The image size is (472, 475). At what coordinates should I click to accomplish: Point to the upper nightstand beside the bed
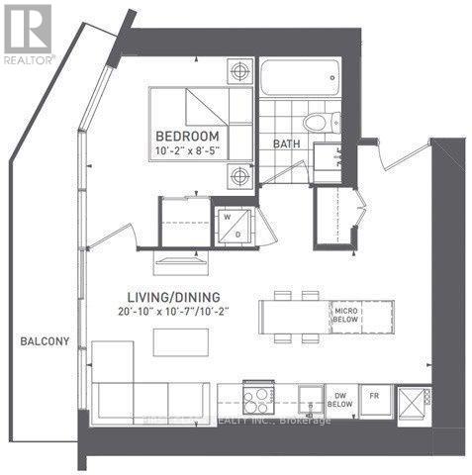pyautogui.click(x=240, y=71)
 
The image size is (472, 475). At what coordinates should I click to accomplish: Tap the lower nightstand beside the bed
pyautogui.click(x=240, y=178)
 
